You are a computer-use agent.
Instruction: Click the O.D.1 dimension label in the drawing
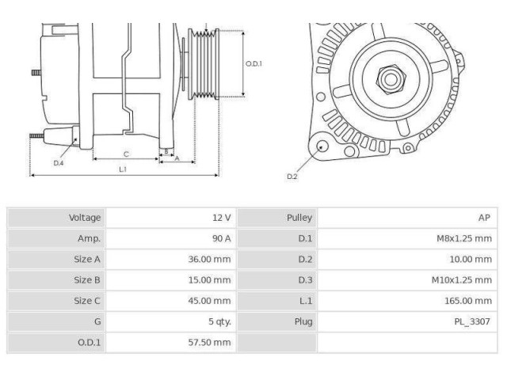click(253, 63)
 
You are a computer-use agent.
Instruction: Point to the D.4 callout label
click(59, 162)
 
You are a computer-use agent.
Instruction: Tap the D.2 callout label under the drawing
click(292, 177)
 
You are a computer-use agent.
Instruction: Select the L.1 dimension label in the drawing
click(124, 169)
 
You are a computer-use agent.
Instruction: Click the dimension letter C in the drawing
click(126, 154)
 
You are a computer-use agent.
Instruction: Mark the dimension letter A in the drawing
click(177, 158)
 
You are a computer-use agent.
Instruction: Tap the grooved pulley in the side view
click(204, 66)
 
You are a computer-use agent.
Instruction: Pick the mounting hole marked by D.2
click(321, 146)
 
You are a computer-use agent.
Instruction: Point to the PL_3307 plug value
click(473, 321)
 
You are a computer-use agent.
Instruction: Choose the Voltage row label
click(85, 218)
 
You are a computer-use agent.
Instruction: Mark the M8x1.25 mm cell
click(464, 238)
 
